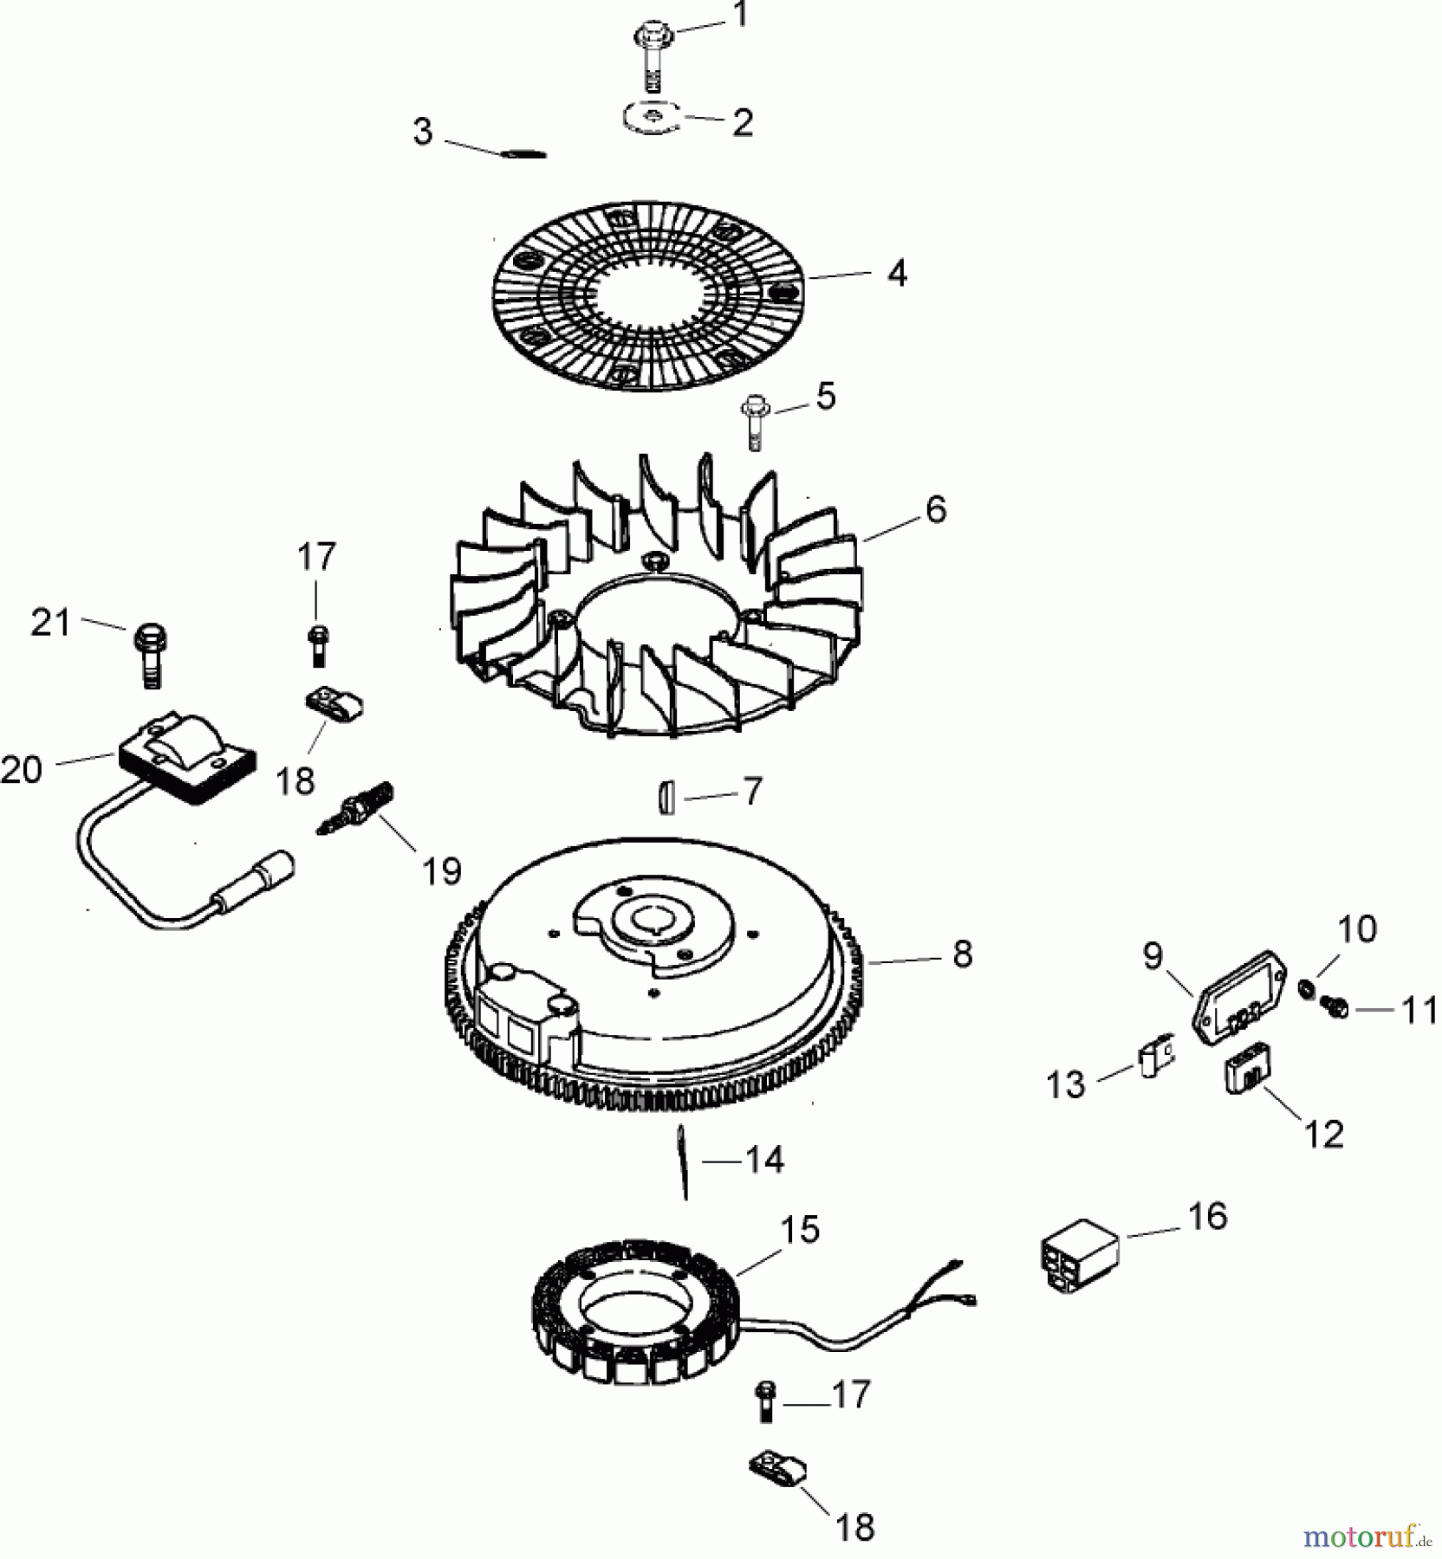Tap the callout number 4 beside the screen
pyautogui.click(x=897, y=274)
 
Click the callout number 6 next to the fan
pyautogui.click(x=936, y=509)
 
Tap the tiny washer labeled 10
pyautogui.click(x=1305, y=988)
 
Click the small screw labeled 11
pyautogui.click(x=1334, y=1006)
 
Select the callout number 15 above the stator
pyautogui.click(x=799, y=1229)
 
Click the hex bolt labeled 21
pyautogui.click(x=150, y=654)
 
